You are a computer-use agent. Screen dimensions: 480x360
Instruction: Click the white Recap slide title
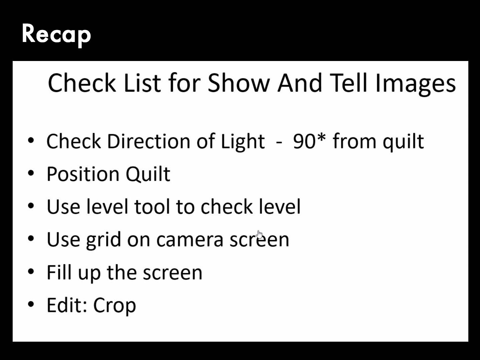pyautogui.click(x=56, y=35)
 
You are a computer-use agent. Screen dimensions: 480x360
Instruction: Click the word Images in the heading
pyautogui.click(x=415, y=84)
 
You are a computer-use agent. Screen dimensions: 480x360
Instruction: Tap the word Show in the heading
pyautogui.click(x=239, y=83)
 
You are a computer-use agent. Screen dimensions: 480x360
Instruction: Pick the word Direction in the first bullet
pyautogui.click(x=149, y=141)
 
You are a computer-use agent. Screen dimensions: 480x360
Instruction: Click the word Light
pyautogui.click(x=243, y=142)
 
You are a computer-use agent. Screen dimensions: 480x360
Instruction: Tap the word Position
pyautogui.click(x=83, y=174)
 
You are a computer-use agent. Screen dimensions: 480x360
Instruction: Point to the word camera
pyautogui.click(x=190, y=240)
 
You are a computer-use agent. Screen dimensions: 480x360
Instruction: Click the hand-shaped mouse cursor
pyautogui.click(x=260, y=234)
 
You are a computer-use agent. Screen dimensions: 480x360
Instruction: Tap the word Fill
pyautogui.click(x=59, y=272)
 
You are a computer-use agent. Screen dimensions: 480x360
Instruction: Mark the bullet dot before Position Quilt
pyautogui.click(x=31, y=173)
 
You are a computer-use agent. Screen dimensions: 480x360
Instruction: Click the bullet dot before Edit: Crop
pyautogui.click(x=31, y=304)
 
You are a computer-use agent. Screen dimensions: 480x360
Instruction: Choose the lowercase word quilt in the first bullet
pyautogui.click(x=403, y=142)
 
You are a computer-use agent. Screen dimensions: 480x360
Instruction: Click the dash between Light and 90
pyautogui.click(x=279, y=143)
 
